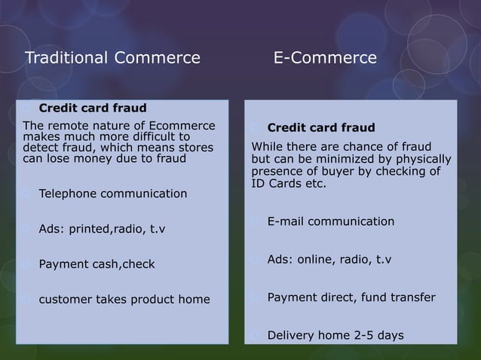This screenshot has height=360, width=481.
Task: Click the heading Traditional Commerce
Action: (x=113, y=58)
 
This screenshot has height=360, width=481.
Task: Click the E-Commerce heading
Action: (x=324, y=58)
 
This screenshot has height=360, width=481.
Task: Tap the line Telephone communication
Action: (x=113, y=194)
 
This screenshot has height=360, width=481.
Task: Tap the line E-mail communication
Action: (x=331, y=221)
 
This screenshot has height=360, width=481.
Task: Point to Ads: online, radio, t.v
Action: (x=329, y=260)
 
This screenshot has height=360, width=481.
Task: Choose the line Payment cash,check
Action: (x=96, y=264)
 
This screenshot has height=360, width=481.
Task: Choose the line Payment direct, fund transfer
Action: (x=351, y=297)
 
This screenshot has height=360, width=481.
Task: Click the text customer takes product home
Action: (x=124, y=300)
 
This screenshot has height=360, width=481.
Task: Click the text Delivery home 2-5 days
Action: (x=335, y=335)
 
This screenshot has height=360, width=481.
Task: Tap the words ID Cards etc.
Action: (x=290, y=184)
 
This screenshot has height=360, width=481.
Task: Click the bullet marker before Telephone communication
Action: (x=28, y=194)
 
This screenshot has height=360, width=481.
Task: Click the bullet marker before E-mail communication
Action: (x=256, y=221)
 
